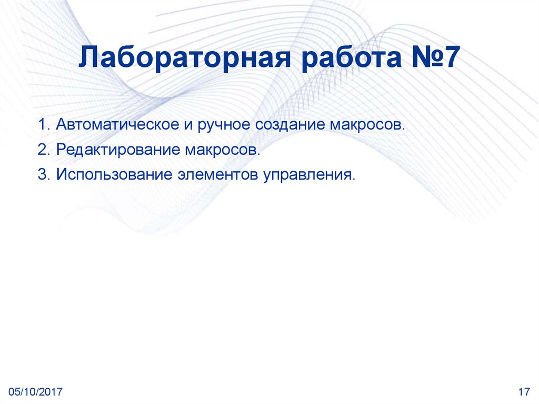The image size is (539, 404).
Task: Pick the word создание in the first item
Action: pos(291,126)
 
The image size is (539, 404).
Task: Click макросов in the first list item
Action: pos(368,126)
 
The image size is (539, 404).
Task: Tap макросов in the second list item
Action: pos(222,150)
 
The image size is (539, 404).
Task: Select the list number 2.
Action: pos(42,150)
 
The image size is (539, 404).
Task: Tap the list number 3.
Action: pos(42,174)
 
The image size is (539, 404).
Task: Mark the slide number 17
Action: pos(523,391)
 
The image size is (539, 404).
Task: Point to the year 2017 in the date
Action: pos(52,391)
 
